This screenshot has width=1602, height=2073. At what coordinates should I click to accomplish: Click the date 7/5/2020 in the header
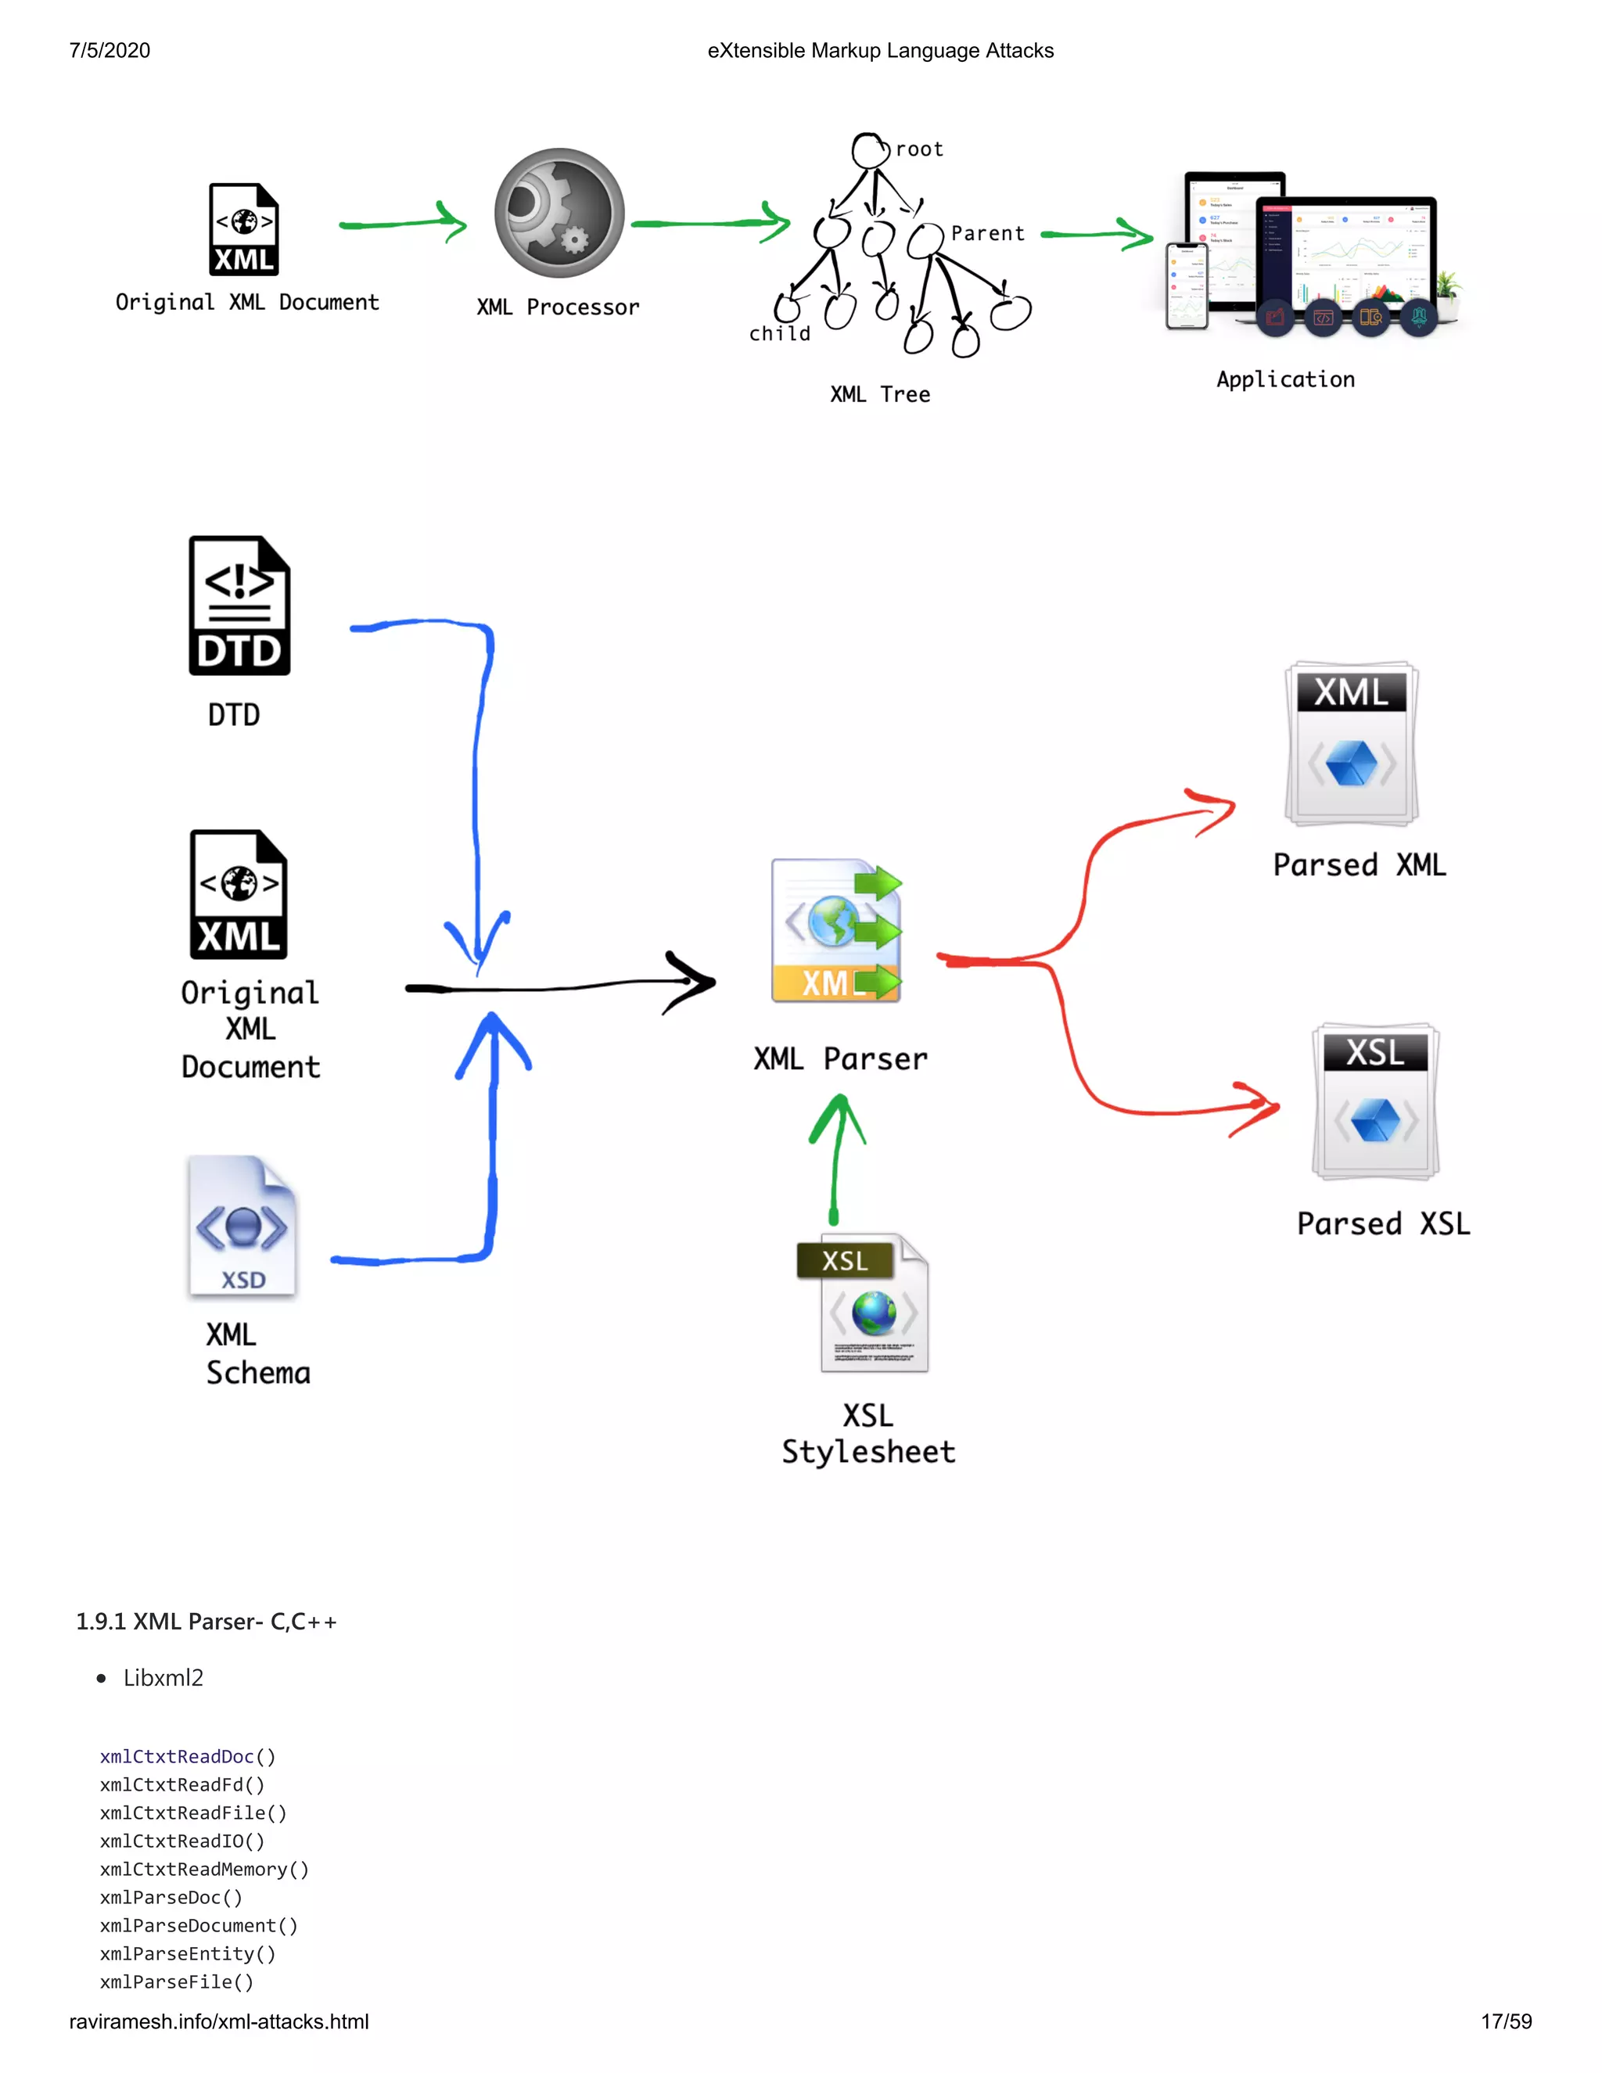point(110,50)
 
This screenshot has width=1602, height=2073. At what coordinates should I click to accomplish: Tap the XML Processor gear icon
point(559,213)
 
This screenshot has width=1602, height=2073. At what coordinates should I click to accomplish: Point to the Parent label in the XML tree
point(987,233)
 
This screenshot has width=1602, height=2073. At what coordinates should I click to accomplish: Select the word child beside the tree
point(779,334)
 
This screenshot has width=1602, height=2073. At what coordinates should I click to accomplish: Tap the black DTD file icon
point(239,605)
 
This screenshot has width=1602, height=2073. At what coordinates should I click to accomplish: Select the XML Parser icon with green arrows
point(836,931)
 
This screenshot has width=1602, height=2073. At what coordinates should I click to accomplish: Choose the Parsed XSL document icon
point(1375,1101)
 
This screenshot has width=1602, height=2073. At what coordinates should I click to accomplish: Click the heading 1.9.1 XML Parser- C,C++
point(206,1621)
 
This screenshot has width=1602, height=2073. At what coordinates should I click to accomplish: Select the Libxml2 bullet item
point(163,1678)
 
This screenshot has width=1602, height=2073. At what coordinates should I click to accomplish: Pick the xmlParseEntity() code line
point(187,1953)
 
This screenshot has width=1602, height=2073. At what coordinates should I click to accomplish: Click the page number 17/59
point(1505,2021)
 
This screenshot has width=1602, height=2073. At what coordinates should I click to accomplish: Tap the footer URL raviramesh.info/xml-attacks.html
point(218,2021)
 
